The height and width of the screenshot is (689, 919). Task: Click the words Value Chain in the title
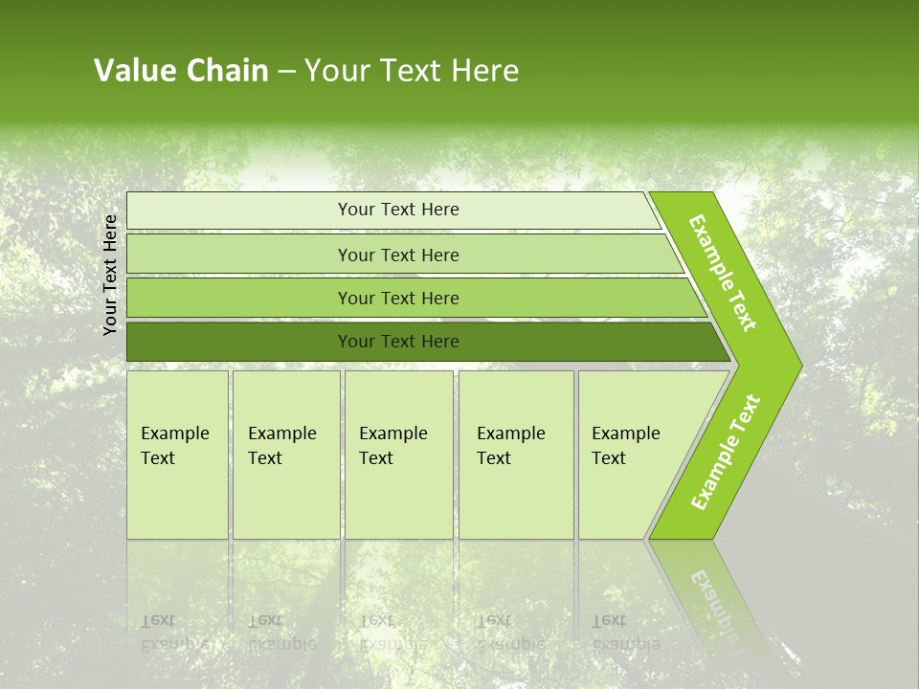pos(181,71)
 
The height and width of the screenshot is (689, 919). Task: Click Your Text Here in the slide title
pos(412,71)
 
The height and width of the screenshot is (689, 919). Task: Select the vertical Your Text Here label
pos(110,275)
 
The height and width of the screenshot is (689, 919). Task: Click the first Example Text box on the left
pos(177,455)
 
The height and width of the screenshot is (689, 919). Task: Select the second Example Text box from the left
pos(285,455)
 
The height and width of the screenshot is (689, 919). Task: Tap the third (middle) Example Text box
pos(398,455)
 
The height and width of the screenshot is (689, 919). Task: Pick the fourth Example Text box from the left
pos(516,455)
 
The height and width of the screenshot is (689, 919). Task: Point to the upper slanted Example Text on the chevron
pos(723,273)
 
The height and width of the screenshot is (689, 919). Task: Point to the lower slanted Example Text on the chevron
pos(725,452)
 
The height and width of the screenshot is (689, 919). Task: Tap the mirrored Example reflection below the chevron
pos(712,603)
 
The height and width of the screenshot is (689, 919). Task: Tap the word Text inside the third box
pos(376,458)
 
